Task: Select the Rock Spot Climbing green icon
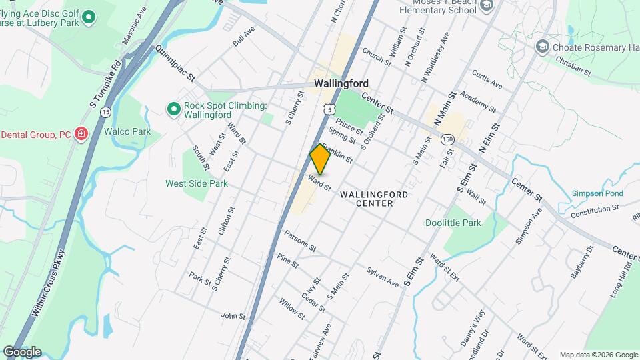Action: pyautogui.click(x=173, y=108)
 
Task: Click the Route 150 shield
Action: pyautogui.click(x=447, y=139)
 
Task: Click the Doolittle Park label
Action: pyautogui.click(x=453, y=223)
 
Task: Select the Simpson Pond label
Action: pyautogui.click(x=597, y=193)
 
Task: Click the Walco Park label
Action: pyautogui.click(x=127, y=131)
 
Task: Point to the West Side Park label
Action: pyautogui.click(x=197, y=183)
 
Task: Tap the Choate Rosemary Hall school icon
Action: pyautogui.click(x=543, y=46)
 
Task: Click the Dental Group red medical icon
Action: pyautogui.click(x=81, y=134)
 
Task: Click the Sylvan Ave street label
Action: pyautogui.click(x=383, y=277)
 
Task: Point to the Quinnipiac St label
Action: pyautogui.click(x=174, y=63)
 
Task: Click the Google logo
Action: pyautogui.click(x=22, y=352)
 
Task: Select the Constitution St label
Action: pyautogui.click(x=595, y=211)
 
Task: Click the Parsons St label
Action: pyautogui.click(x=299, y=241)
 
